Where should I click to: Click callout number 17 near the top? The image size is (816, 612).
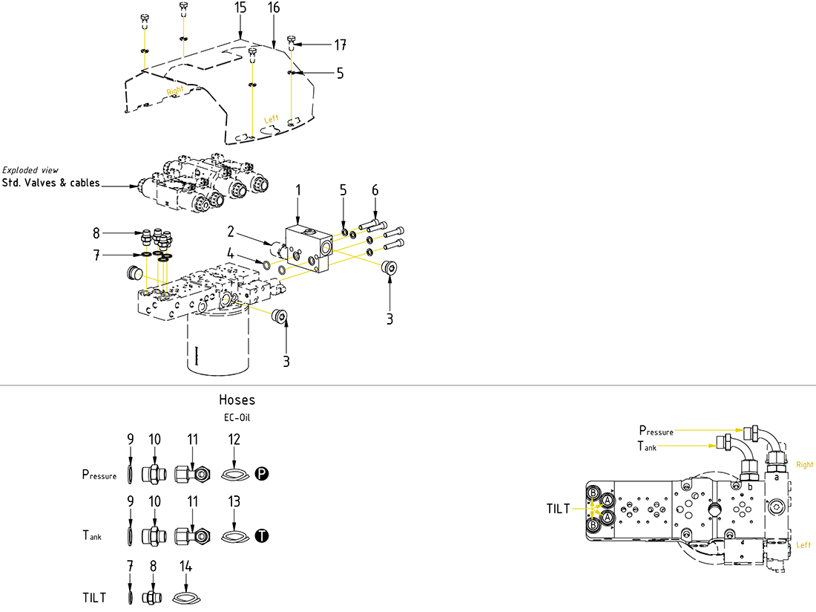click(x=340, y=45)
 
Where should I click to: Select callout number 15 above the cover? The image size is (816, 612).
click(x=240, y=8)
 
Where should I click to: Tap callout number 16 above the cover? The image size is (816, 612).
click(x=274, y=8)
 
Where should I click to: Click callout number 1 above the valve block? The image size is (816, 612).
click(x=298, y=190)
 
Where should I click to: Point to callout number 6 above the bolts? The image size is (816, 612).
click(x=375, y=190)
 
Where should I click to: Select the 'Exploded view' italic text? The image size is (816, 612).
click(x=30, y=170)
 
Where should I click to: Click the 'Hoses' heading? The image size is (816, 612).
click(x=237, y=400)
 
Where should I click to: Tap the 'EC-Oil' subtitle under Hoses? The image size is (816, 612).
click(x=237, y=417)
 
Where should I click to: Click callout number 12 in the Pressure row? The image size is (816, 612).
click(x=234, y=440)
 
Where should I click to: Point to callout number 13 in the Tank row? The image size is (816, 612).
click(x=234, y=502)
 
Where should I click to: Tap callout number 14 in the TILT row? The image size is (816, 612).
click(x=185, y=566)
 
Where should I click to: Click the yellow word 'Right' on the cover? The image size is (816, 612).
click(x=175, y=91)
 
